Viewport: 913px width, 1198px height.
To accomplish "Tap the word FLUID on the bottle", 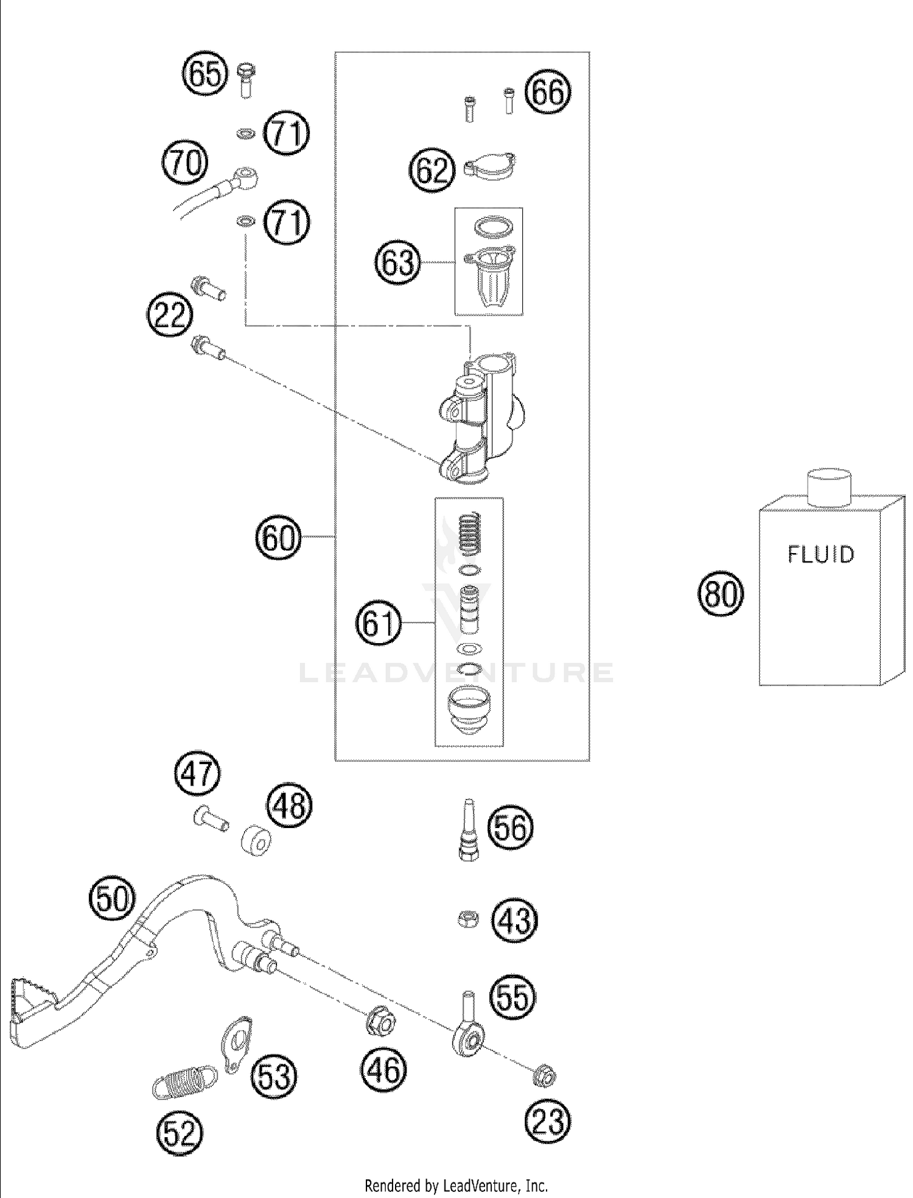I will [x=821, y=555].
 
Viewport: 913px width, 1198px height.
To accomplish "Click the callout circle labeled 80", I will [x=721, y=594].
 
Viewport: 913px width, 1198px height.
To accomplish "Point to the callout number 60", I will [x=279, y=538].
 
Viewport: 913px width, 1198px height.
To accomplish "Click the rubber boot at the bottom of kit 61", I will [x=469, y=709].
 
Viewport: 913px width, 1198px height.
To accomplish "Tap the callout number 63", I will [x=398, y=263].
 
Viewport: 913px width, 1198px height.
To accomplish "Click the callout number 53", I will [x=275, y=1076].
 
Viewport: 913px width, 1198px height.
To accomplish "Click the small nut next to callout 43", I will [x=467, y=919].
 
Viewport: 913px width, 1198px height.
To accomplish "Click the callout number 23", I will [x=548, y=1121].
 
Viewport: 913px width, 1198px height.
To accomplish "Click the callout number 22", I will [x=169, y=316].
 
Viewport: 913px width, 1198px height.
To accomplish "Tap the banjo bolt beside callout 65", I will [x=247, y=80].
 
